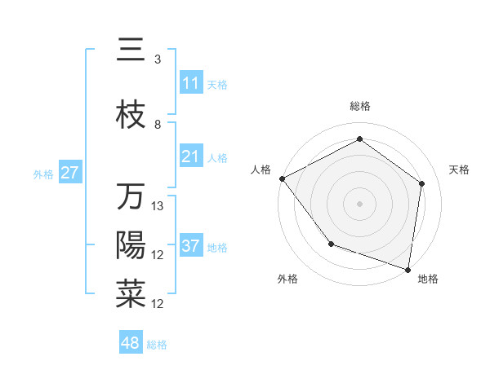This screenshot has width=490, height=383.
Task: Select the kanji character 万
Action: (131, 197)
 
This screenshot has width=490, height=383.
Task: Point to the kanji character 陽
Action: (131, 246)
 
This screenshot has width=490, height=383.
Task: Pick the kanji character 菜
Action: (131, 295)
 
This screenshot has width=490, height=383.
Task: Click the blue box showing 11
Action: (191, 83)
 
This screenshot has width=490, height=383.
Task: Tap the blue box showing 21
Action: (191, 156)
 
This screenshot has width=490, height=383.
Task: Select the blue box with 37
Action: (191, 246)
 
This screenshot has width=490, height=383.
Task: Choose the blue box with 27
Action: (70, 173)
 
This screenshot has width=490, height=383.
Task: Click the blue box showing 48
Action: (131, 343)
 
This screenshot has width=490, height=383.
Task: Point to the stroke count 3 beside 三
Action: (158, 59)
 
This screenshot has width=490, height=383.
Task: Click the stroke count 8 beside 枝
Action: (158, 125)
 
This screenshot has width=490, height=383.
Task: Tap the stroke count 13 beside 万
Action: (158, 206)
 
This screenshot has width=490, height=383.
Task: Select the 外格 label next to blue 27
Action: (43, 174)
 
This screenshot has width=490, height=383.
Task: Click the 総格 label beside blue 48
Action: (157, 345)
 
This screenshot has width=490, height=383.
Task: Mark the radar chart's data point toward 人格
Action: (282, 178)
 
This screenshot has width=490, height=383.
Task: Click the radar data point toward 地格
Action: (408, 269)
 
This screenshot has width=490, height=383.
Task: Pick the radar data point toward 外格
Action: (331, 244)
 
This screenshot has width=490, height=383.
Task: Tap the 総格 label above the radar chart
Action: (360, 107)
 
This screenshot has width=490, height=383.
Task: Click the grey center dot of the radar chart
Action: (360, 203)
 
